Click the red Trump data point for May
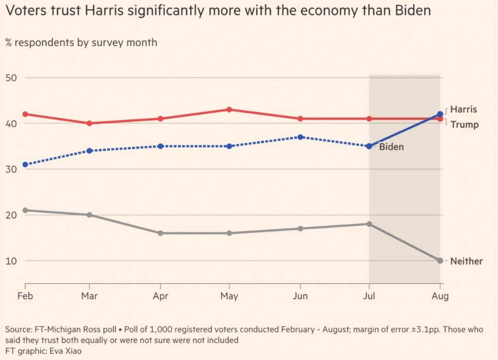[x=229, y=109]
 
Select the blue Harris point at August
[x=440, y=114]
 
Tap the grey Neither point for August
[x=440, y=261]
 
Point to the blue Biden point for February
[x=25, y=164]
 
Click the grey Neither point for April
[x=160, y=233]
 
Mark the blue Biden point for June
[x=301, y=137]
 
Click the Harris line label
[x=463, y=109]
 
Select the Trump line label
[x=464, y=125]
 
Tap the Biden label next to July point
[x=391, y=146]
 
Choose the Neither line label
[x=466, y=261]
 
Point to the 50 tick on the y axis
[x=12, y=78]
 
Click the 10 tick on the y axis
[x=12, y=261]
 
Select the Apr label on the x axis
[x=160, y=296]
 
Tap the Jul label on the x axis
[x=370, y=296]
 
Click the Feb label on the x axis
[x=25, y=296]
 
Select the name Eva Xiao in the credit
[x=62, y=351]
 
